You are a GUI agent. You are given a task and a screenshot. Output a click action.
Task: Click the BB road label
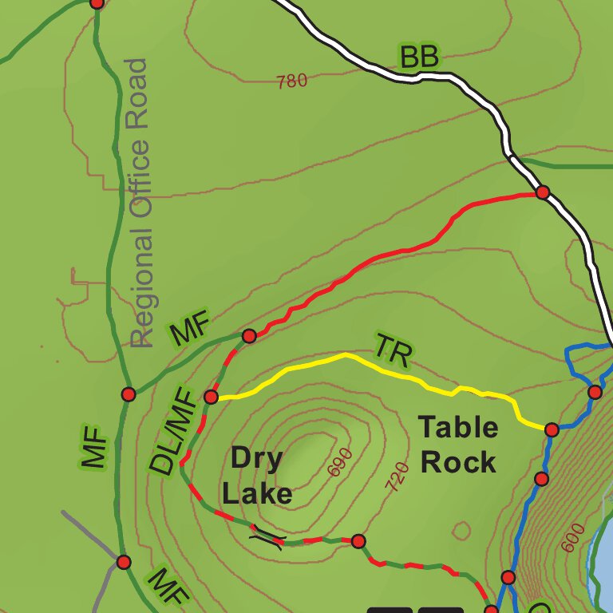click(419, 57)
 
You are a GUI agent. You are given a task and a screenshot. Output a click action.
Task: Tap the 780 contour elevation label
click(291, 81)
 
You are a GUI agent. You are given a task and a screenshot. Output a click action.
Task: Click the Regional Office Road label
click(140, 204)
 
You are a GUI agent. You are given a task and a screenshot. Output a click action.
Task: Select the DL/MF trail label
click(172, 432)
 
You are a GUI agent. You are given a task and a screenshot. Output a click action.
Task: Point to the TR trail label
click(393, 350)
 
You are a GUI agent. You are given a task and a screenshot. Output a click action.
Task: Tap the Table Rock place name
click(459, 445)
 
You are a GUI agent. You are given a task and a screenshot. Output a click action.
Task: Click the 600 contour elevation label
click(572, 536)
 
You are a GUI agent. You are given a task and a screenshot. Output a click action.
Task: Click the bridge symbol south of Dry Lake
click(267, 539)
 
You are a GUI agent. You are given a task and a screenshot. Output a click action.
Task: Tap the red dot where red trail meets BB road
click(543, 192)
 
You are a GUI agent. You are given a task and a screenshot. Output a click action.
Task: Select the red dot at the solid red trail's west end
click(249, 336)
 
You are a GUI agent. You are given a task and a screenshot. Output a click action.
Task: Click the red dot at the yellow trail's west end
click(212, 397)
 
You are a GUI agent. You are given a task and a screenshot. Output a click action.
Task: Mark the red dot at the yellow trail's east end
click(552, 430)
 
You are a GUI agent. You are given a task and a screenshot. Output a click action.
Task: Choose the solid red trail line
click(399, 251)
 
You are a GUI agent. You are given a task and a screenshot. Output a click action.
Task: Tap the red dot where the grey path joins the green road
click(123, 562)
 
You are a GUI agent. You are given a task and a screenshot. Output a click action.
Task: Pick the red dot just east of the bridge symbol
click(358, 540)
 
